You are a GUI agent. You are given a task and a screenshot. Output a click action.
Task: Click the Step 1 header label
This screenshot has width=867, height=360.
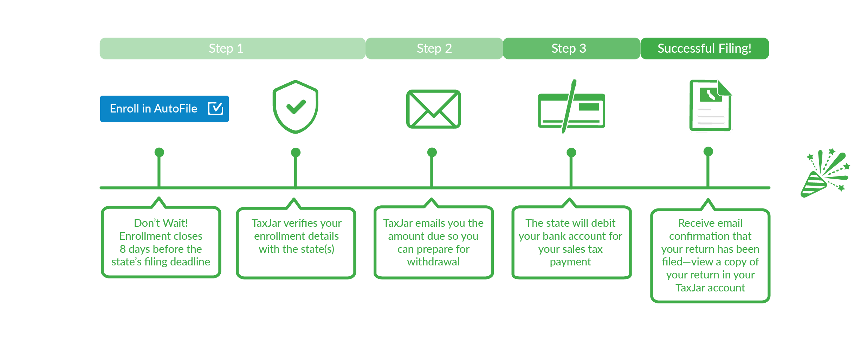[226, 49]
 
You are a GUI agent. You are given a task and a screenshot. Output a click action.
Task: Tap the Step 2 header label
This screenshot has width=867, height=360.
[434, 49]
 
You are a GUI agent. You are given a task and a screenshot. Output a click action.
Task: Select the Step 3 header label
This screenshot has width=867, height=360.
[569, 49]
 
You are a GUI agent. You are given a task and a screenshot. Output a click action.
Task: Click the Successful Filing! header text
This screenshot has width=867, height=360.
[704, 49]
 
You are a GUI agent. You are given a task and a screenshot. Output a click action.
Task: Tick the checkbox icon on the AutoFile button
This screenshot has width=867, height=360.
[215, 109]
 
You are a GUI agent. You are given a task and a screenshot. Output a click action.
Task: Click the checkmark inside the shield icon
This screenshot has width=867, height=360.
[296, 107]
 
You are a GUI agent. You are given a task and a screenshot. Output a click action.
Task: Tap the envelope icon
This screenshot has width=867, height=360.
[433, 109]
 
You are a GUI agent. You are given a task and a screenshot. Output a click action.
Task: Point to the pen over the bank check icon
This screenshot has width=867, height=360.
[569, 105]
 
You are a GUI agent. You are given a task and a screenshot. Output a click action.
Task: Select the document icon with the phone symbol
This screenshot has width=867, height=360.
[710, 105]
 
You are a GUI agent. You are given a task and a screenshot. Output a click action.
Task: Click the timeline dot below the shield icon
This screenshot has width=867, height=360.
[296, 152]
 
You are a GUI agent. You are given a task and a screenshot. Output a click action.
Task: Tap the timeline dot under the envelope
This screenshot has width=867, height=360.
[432, 152]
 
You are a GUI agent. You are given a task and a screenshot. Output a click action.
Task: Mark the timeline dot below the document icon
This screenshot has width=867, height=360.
[708, 152]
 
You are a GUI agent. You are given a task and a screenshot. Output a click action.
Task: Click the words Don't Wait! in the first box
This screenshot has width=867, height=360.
[161, 223]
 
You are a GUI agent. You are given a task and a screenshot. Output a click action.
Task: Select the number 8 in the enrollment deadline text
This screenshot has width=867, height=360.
[123, 249]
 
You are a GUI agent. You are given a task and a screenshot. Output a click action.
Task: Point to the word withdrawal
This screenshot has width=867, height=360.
[433, 262]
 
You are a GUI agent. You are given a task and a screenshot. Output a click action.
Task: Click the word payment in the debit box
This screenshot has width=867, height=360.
[570, 262]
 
